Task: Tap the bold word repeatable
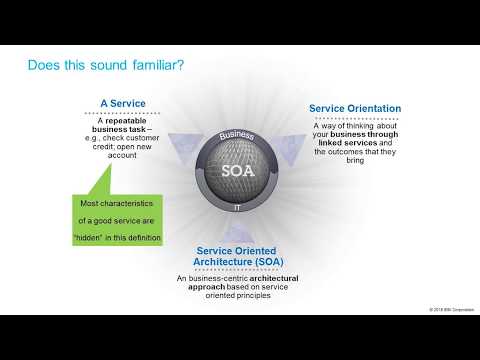tap(126, 120)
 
